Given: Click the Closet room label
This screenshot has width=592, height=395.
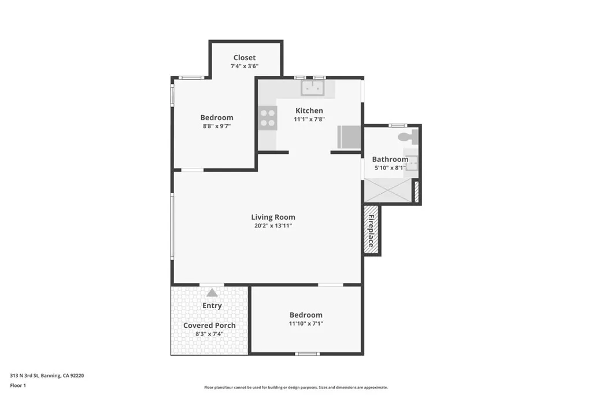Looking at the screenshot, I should (x=245, y=57).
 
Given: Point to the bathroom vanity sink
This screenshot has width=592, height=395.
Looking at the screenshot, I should (x=411, y=164).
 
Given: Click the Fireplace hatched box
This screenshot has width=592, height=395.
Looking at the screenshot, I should (x=371, y=230).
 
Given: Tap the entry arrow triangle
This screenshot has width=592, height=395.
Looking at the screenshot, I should (x=212, y=293).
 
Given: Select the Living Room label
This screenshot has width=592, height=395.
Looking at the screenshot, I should (x=273, y=217).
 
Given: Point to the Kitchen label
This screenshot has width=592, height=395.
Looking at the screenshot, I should (x=309, y=110).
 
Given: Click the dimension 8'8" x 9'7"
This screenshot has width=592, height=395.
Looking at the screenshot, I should (x=217, y=126).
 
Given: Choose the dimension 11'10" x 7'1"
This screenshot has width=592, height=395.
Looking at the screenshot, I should (x=306, y=324).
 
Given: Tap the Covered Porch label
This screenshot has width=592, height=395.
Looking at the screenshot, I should (x=209, y=325).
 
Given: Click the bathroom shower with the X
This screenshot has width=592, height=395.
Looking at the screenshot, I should (x=387, y=190).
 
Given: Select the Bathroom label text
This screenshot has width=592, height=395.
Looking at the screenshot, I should (x=390, y=159).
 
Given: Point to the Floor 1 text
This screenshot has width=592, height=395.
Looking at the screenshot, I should (x=18, y=385).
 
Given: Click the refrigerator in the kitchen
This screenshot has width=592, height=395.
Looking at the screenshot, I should (x=349, y=138).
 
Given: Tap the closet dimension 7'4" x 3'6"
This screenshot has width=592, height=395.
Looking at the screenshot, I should (x=245, y=66).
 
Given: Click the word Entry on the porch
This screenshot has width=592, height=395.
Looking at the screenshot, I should (x=212, y=305).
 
